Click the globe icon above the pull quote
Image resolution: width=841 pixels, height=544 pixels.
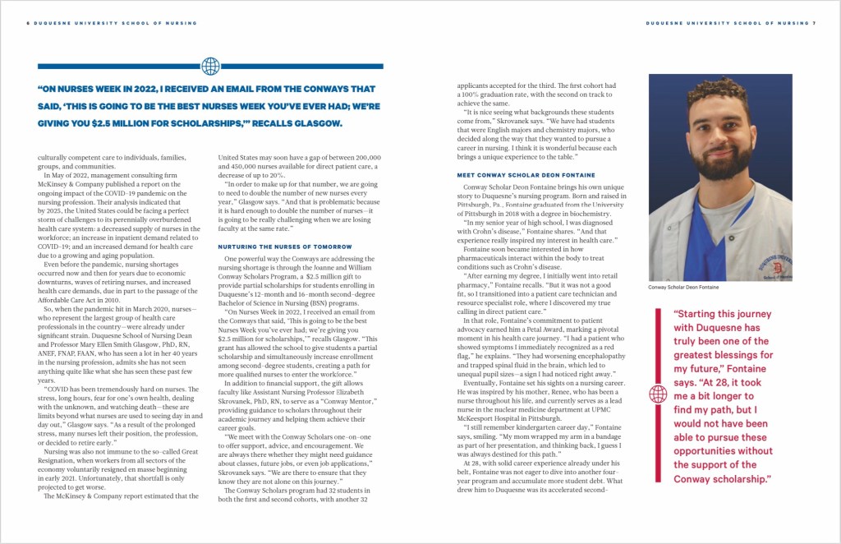click(x=210, y=66)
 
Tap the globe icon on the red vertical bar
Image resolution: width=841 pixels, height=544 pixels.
click(x=658, y=394)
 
